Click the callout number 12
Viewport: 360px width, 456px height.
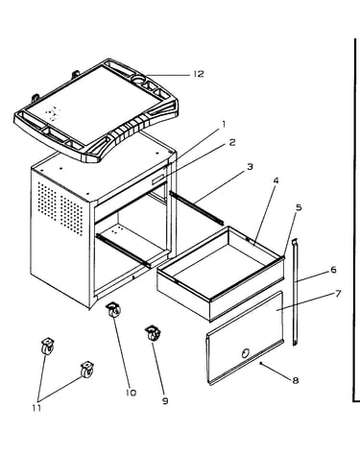coord(199,74)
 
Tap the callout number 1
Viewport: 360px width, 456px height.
coord(224,124)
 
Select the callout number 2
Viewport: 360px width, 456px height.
coord(232,142)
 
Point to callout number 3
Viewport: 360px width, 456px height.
coord(250,167)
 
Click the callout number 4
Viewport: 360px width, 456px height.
coord(276,180)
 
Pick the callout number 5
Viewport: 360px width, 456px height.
coord(299,207)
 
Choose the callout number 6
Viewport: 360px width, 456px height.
coord(333,270)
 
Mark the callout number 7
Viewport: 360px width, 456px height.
coord(338,294)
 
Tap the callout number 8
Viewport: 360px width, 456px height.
coord(295,380)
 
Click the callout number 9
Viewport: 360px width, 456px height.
coord(165,401)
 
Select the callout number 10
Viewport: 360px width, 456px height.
coord(131,393)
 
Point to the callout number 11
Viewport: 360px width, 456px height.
coord(36,408)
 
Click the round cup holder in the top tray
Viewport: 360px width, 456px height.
coord(139,79)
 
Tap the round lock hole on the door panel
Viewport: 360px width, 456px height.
coord(246,353)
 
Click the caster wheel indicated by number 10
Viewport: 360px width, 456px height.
coord(113,310)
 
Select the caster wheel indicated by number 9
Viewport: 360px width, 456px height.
coord(153,333)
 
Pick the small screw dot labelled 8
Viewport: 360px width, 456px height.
coord(261,363)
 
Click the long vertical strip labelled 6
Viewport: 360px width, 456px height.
coord(295,292)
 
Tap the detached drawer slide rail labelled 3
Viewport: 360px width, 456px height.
coord(196,207)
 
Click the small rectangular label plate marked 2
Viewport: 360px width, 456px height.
coord(159,180)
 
